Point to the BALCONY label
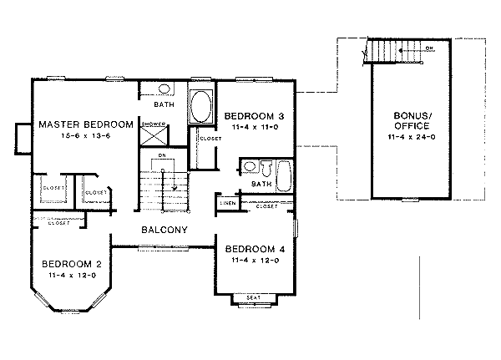coord(164,230)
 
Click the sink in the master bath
coord(164,89)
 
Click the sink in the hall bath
coord(249,166)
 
